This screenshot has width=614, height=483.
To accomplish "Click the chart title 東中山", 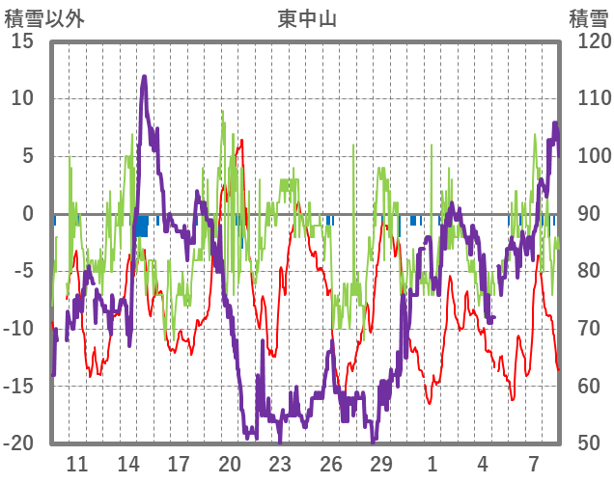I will [x=308, y=17].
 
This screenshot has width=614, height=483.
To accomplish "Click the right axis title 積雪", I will [x=587, y=17].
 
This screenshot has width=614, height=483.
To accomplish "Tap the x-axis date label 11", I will [x=77, y=463].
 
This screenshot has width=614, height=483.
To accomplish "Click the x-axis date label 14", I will [x=127, y=463].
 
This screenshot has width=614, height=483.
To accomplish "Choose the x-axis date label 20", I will [x=230, y=463].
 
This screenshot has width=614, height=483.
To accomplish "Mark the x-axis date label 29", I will [x=381, y=463].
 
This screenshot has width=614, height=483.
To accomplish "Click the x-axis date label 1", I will [x=432, y=463].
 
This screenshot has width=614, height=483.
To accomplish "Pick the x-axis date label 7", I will [x=533, y=463].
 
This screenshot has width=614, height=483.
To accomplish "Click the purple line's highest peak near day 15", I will [x=144, y=77].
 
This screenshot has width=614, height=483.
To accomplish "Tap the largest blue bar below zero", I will [x=142, y=225].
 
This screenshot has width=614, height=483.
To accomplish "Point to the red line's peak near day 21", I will [x=241, y=141].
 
